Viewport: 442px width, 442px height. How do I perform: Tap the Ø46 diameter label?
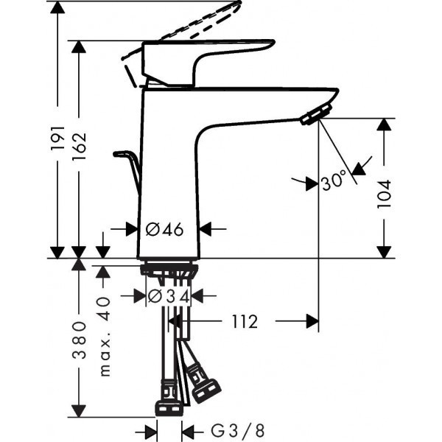(164, 229)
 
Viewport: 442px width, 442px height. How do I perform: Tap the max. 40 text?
(104, 337)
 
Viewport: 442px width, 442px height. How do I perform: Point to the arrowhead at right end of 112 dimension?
(312, 321)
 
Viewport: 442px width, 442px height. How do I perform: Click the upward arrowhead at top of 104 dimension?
(384, 125)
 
